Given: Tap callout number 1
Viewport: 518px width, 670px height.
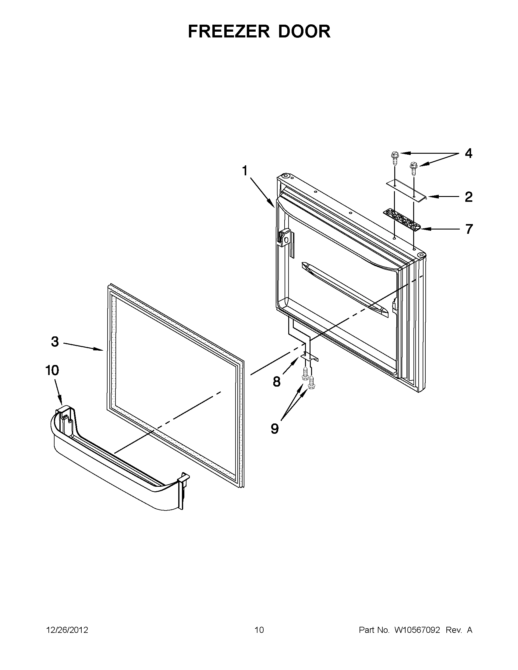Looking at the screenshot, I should pyautogui.click(x=245, y=171).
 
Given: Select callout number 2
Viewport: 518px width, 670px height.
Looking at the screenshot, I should pyautogui.click(x=468, y=197).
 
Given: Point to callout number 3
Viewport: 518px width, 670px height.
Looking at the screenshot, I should pyautogui.click(x=55, y=342).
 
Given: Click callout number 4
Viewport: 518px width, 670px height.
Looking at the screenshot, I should pyautogui.click(x=468, y=153).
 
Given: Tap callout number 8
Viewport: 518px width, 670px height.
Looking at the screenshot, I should pyautogui.click(x=276, y=382).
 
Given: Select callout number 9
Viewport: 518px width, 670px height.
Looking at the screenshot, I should pyautogui.click(x=275, y=429).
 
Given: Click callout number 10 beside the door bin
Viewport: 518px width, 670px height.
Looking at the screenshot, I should pyautogui.click(x=52, y=370).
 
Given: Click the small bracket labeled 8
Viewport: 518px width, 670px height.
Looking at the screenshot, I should pyautogui.click(x=310, y=356).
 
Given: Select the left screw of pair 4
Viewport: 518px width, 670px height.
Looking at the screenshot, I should pyautogui.click(x=394, y=159).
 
